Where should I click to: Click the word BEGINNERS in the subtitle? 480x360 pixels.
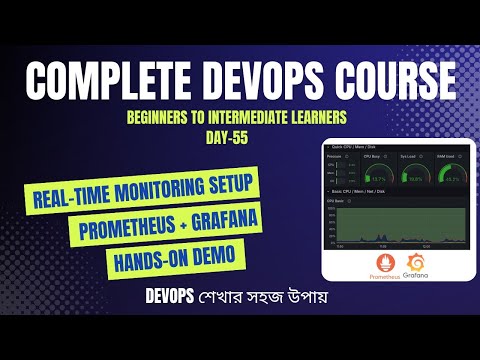click(163, 117)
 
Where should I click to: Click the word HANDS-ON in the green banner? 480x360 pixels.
click(145, 255)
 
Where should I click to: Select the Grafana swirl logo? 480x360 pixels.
click(418, 265)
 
